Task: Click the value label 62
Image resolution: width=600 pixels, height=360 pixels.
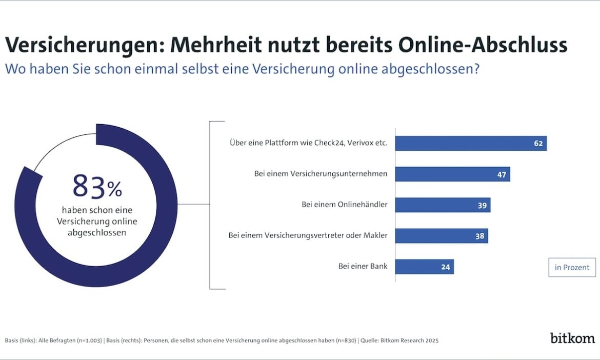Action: click(538, 144)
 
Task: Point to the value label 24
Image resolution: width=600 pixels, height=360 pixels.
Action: click(445, 267)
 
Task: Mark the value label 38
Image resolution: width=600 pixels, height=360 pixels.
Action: click(479, 236)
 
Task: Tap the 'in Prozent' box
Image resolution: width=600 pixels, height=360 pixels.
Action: click(572, 267)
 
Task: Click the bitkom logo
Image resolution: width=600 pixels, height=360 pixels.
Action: click(572, 338)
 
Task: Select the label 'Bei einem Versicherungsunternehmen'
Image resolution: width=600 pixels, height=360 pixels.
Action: click(321, 174)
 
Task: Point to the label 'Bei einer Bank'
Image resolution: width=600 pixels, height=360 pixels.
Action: click(363, 267)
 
